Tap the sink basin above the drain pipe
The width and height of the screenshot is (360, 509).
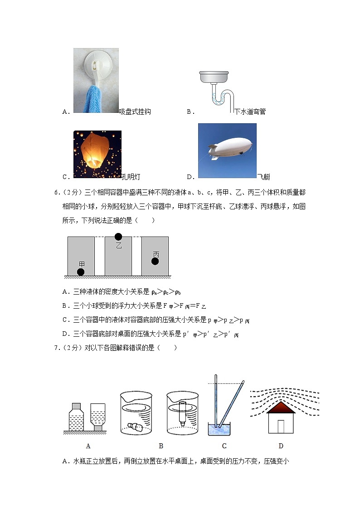coord(215,78)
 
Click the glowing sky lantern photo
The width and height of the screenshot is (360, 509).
coord(97,155)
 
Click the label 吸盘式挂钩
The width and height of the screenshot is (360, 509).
coord(135,111)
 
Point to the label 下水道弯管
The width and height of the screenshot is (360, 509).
coord(250,111)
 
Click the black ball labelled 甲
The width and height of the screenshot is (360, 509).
coord(81,272)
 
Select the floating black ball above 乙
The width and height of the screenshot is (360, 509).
coord(118,237)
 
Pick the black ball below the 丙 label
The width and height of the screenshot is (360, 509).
coord(155,261)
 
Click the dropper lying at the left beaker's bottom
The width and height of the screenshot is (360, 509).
coord(136,427)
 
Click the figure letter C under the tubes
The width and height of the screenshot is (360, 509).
coord(224,446)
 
